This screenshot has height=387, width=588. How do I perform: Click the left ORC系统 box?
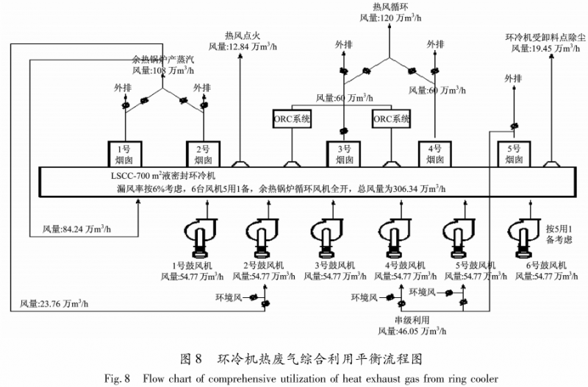point(292,118)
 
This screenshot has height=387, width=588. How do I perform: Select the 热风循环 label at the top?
point(390,7)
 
